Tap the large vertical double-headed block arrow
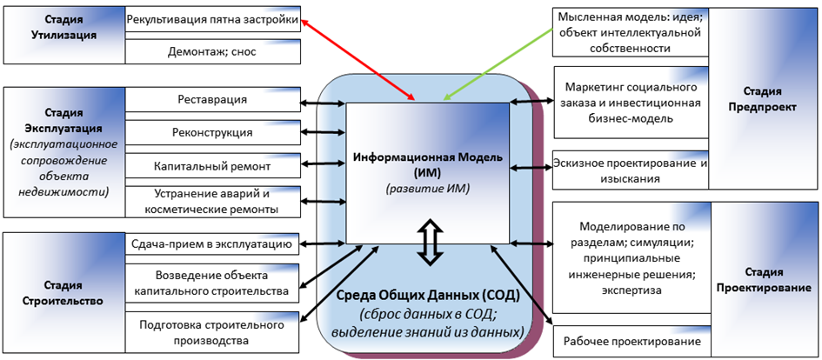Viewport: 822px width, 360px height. pyautogui.click(x=426, y=241)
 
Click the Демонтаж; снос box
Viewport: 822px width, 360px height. pyautogui.click(x=212, y=51)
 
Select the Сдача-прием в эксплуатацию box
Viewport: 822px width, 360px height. pyautogui.click(x=213, y=243)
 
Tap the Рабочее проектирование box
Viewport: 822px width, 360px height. pyautogui.click(x=632, y=343)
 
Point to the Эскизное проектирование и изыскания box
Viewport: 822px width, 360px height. pyautogui.click(x=632, y=170)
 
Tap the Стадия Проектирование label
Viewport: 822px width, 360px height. pyautogui.click(x=764, y=278)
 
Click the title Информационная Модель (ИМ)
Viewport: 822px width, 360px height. pyautogui.click(x=426, y=162)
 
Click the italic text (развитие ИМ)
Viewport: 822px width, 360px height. pyautogui.click(x=426, y=189)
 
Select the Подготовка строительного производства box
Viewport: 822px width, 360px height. pyautogui.click(x=212, y=331)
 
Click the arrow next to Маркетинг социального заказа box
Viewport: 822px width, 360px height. pyautogui.click(x=531, y=101)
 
